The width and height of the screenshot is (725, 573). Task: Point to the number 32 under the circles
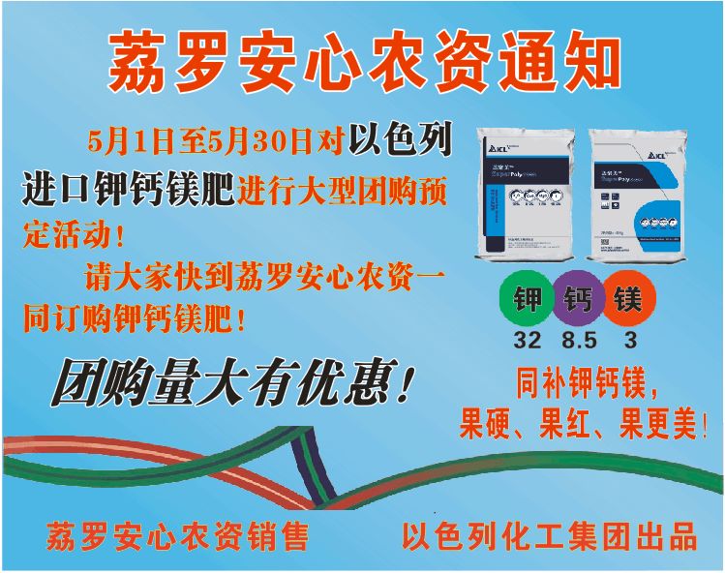[528, 341]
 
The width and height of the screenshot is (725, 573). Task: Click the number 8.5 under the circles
[579, 341]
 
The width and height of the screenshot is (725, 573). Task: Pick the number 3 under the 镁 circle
[630, 341]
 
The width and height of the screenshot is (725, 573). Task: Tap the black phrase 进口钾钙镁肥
[129, 191]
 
